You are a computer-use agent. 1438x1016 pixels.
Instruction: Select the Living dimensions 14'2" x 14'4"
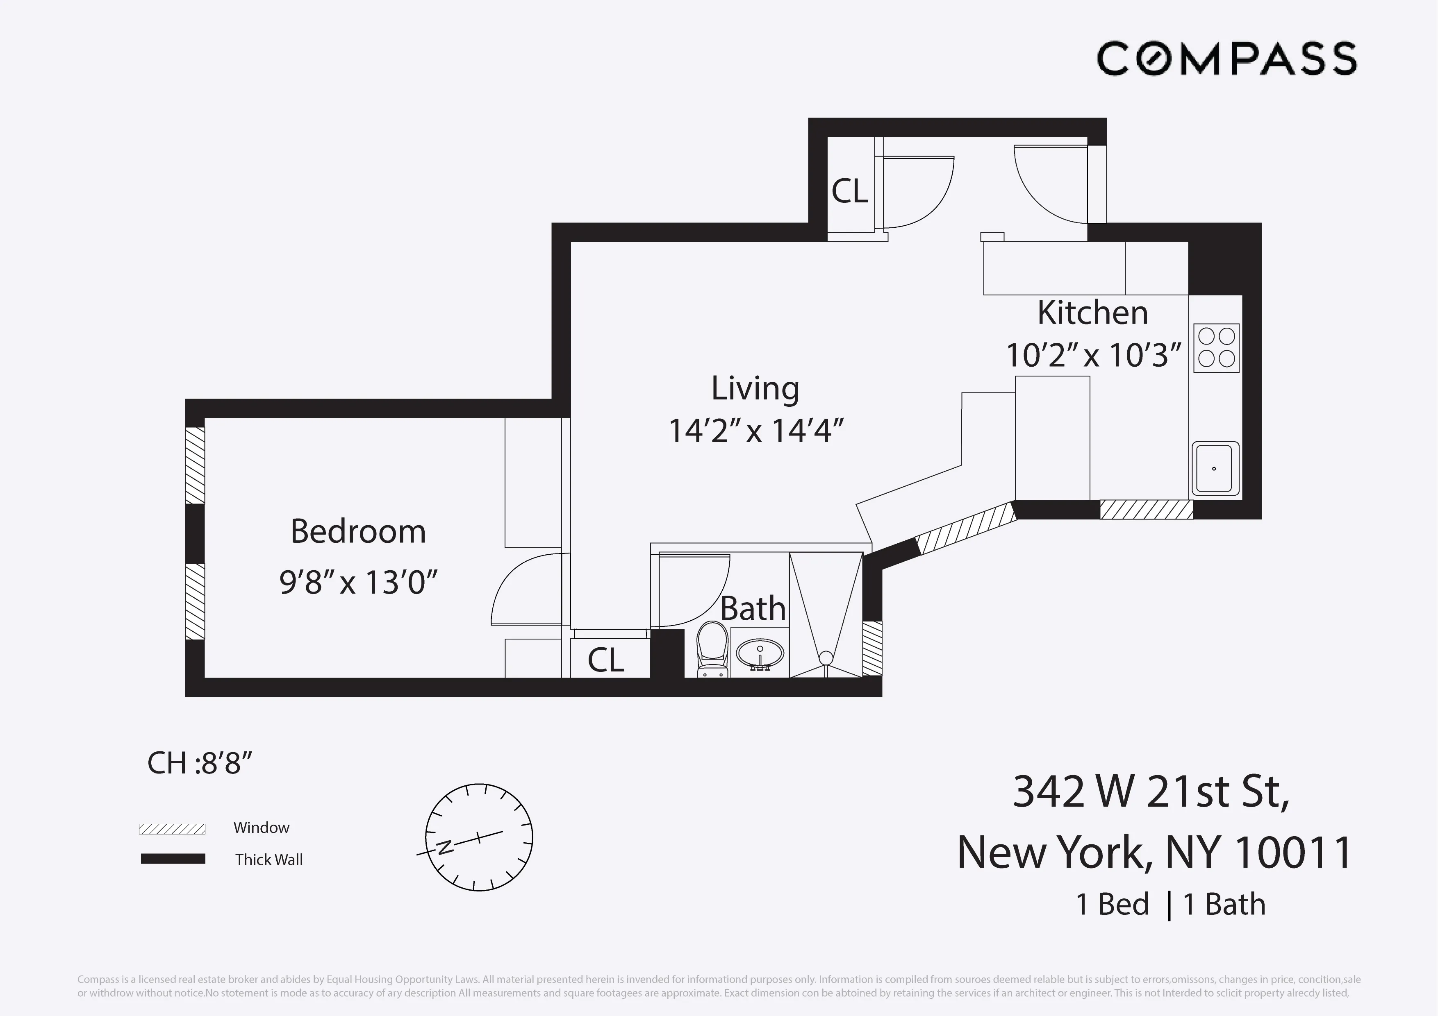click(756, 431)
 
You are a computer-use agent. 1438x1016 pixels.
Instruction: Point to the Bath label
click(753, 608)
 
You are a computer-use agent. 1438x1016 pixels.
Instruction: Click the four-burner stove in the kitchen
click(1216, 348)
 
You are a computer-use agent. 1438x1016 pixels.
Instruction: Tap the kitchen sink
click(1215, 468)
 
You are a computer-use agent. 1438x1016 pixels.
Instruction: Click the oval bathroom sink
click(760, 655)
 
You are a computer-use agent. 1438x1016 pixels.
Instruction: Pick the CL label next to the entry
click(849, 191)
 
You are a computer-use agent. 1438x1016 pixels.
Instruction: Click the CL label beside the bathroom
click(605, 660)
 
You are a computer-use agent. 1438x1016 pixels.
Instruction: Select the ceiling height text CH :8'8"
click(199, 763)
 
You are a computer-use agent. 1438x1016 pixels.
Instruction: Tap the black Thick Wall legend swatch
click(173, 859)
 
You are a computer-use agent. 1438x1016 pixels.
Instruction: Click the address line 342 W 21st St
click(1151, 791)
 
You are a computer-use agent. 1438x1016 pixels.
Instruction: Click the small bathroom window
click(872, 648)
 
